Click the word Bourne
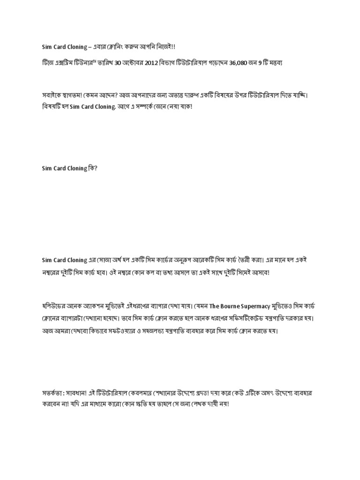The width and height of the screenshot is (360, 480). coord(232,307)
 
